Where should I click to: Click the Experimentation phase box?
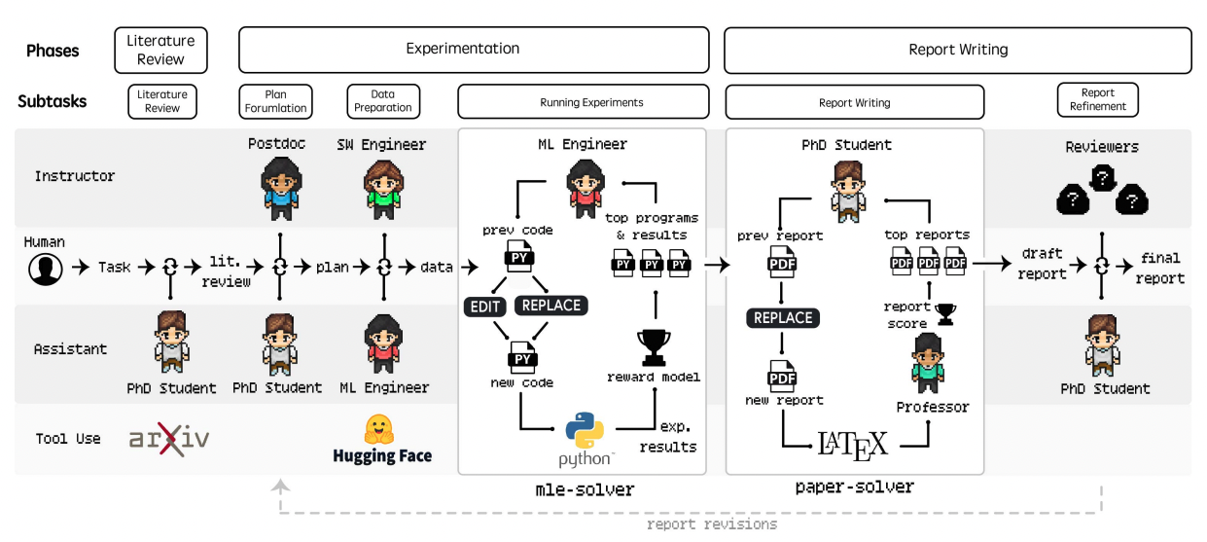pos(474,50)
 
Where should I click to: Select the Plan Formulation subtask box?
pos(275,101)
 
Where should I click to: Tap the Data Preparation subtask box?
pos(383,101)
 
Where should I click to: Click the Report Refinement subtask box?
pos(1097,99)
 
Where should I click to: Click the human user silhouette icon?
pos(46,269)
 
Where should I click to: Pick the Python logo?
pos(585,431)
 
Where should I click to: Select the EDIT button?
pos(484,307)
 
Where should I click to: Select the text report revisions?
pos(711,524)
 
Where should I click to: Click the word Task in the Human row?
pos(114,268)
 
